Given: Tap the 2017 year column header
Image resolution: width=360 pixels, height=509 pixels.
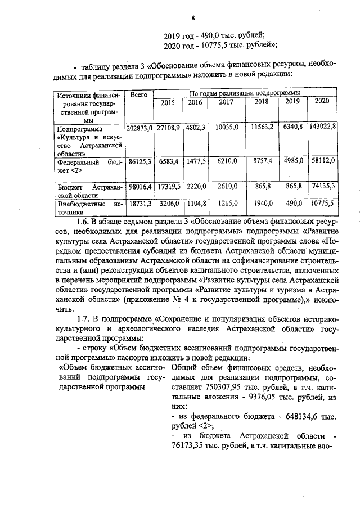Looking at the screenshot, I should point(226,102).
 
